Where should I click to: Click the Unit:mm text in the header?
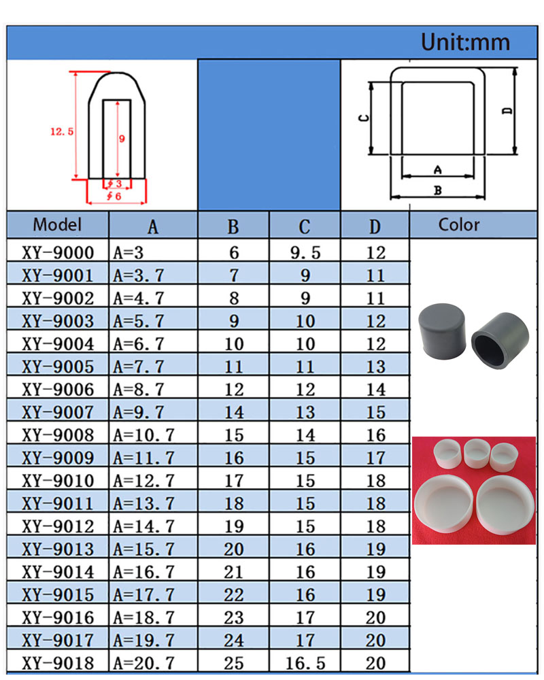[465, 42]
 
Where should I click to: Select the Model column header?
[57, 224]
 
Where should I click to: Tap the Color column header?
[459, 224]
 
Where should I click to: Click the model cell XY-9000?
[58, 252]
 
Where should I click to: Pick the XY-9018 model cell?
[58, 663]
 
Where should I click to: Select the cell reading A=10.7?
[143, 435]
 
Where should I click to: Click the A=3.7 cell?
[139, 275]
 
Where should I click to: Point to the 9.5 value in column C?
[305, 252]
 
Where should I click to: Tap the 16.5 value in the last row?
[305, 663]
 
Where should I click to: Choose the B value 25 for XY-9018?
[234, 663]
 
